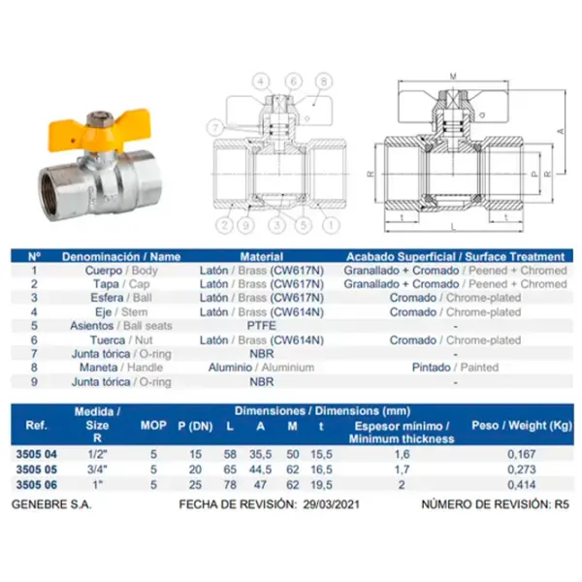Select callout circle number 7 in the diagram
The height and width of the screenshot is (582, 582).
coord(215,128)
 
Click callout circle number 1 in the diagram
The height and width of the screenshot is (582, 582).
coord(331,224)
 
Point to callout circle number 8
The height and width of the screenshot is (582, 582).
coord(324,81)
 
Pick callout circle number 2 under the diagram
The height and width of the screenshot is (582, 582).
coord(224,225)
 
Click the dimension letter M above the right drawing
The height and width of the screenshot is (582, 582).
coord(453,77)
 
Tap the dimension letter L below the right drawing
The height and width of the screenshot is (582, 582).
coord(453,227)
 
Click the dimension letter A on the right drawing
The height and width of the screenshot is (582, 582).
coord(561,131)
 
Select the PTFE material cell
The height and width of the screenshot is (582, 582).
coord(262,326)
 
